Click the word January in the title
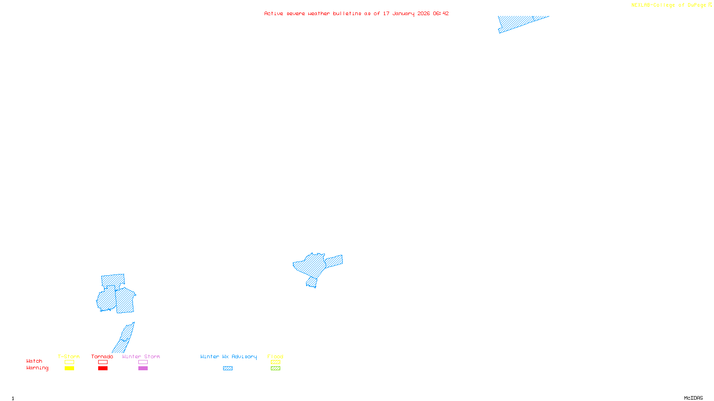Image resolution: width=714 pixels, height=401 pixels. (x=403, y=13)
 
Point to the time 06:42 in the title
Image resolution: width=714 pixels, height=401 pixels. (x=440, y=13)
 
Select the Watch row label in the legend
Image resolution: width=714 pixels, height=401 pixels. (x=34, y=361)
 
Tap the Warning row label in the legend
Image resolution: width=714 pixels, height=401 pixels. (x=37, y=368)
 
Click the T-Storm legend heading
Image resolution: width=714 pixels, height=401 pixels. (x=69, y=356)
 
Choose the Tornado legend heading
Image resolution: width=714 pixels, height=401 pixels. (x=102, y=356)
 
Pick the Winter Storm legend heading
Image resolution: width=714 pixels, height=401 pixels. (x=141, y=356)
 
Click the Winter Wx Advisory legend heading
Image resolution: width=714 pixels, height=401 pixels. (x=228, y=356)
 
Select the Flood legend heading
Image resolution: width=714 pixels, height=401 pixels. (x=275, y=356)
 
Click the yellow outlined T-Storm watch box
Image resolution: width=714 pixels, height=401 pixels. (x=69, y=362)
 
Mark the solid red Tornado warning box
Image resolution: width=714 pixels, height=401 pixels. (x=103, y=368)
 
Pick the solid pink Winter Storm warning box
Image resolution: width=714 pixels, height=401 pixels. (x=143, y=368)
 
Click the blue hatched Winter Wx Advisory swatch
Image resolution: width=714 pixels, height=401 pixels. (x=228, y=368)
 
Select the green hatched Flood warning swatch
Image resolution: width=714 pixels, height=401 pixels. (x=276, y=368)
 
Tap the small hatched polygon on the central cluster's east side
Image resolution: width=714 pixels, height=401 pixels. (x=334, y=261)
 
